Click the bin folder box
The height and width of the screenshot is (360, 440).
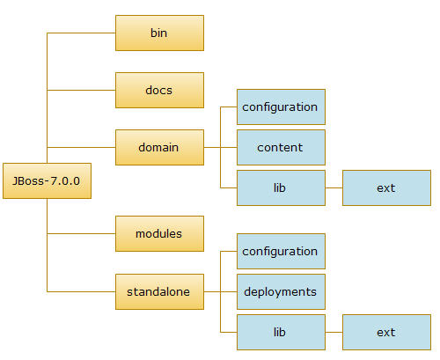159,33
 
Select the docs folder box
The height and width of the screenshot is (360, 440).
159,90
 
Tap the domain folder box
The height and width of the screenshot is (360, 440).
159,147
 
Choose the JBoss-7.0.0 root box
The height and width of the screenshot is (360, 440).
47,180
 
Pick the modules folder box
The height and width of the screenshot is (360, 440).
159,233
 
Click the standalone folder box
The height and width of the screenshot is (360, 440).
159,291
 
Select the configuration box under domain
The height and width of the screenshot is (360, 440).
281,107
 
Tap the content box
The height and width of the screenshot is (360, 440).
281,147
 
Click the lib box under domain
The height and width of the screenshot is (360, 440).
281,187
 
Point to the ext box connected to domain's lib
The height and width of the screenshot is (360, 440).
386,187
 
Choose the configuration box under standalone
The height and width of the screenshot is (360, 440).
281,251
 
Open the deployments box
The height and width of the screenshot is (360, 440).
281,291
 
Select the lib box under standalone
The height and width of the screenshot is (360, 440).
281,332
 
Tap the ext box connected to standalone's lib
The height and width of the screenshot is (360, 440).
386,332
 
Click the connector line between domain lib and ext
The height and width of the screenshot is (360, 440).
334,187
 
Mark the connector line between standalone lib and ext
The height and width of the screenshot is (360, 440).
334,332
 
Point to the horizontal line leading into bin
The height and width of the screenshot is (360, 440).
81,33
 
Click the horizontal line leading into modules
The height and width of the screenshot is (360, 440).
81,233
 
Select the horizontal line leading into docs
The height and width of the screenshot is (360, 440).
81,90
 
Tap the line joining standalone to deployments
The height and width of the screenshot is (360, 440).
220,291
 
